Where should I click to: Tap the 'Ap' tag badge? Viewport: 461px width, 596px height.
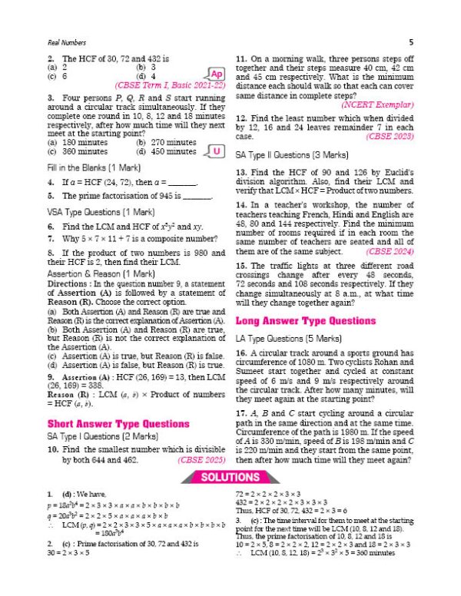pos(216,73)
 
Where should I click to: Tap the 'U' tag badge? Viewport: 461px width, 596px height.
pos(217,151)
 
